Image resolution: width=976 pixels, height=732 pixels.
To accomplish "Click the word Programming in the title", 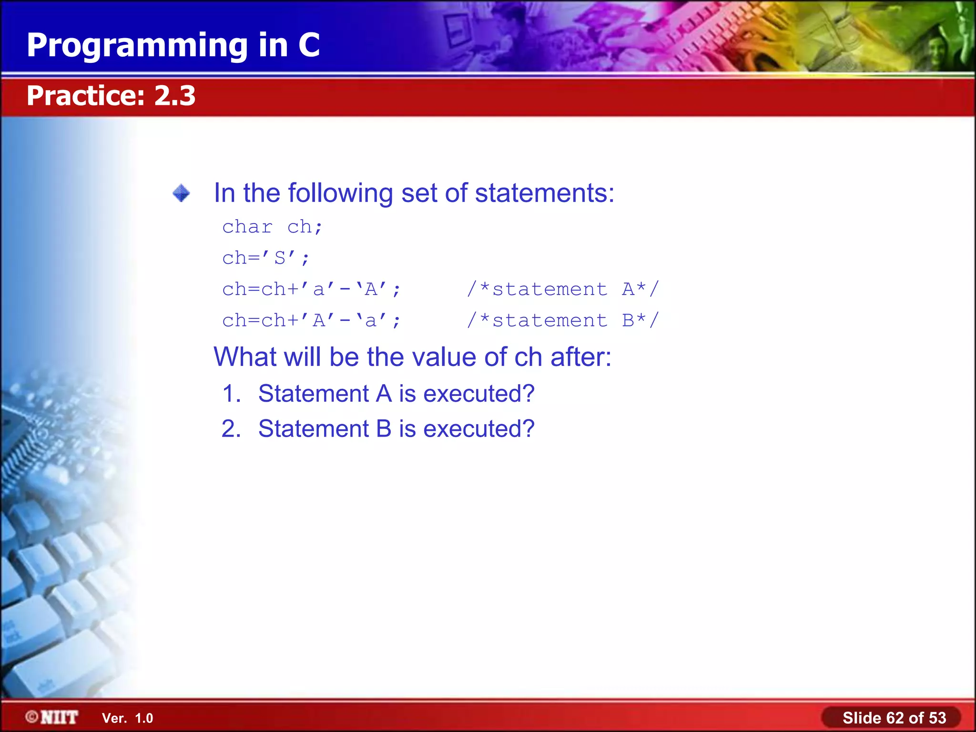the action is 137,46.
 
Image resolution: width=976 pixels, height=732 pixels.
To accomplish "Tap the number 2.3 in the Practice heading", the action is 174,95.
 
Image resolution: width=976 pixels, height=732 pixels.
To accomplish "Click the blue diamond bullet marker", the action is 181,193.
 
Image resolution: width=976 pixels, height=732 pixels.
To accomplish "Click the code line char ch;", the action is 272,227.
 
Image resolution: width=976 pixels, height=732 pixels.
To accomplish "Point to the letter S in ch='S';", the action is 280,258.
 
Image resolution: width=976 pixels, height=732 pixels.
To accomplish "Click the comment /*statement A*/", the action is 562,289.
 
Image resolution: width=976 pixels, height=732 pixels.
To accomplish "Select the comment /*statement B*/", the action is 562,321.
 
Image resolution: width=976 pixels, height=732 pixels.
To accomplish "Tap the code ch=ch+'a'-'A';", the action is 312,289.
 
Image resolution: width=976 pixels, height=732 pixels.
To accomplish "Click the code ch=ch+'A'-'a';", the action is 312,321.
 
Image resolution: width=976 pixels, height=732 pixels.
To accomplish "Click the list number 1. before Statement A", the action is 232,394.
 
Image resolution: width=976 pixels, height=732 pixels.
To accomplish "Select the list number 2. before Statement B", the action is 232,429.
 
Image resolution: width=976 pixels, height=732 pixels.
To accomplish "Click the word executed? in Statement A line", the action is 478,394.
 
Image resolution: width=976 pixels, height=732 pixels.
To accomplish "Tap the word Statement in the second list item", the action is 313,429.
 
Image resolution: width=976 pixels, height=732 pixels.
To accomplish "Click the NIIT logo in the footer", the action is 52,717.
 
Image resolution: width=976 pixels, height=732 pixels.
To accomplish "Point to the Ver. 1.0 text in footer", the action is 127,718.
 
